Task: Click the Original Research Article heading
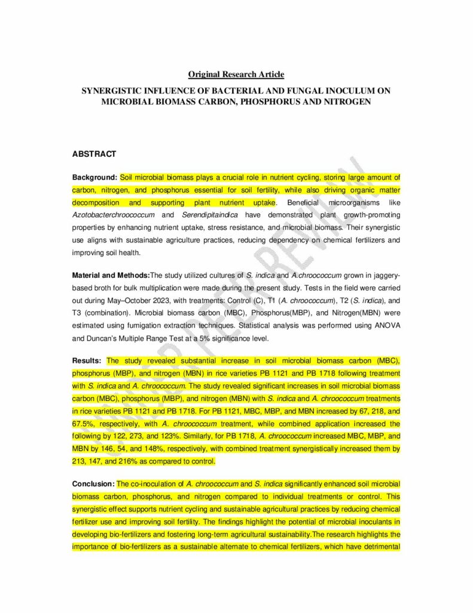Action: click(236, 74)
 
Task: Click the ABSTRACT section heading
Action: click(94, 154)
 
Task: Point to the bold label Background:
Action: click(94, 178)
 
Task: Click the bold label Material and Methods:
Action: click(111, 275)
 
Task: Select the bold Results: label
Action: click(87, 361)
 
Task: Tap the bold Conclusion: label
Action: click(93, 484)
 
